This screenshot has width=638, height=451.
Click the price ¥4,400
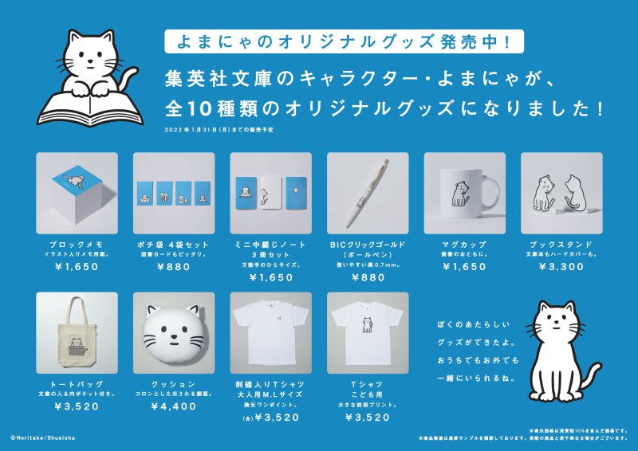point(174,406)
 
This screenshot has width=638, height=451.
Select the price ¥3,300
point(561,267)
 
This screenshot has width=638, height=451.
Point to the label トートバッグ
point(77,384)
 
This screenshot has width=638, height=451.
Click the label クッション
point(174,384)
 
